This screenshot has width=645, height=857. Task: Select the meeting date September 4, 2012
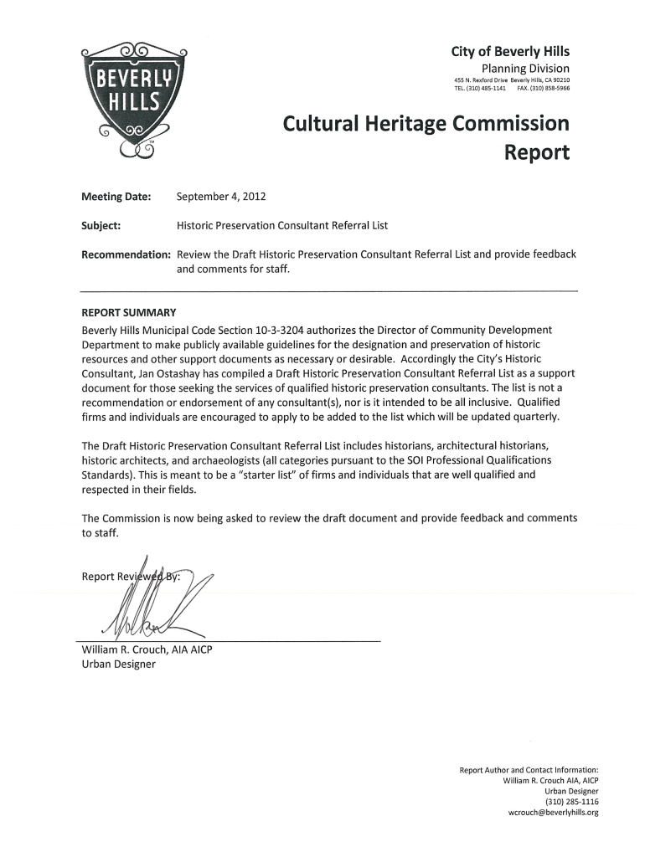[x=220, y=198]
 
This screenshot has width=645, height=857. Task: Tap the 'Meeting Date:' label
[x=116, y=198]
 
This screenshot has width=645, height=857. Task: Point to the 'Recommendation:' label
[x=126, y=254]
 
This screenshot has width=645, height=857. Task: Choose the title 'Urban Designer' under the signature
[x=118, y=665]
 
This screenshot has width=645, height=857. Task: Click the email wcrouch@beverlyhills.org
[x=553, y=812]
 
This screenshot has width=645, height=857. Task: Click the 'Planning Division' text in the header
[x=525, y=68]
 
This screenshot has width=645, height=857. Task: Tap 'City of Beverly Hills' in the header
[x=510, y=52]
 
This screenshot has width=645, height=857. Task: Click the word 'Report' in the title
[x=535, y=153]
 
